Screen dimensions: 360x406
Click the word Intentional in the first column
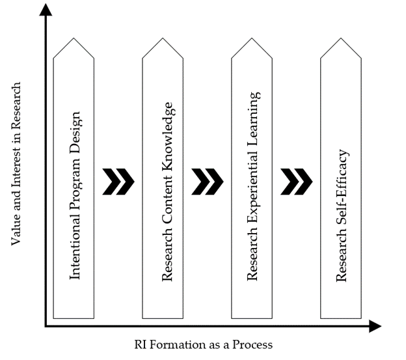pos(74,251)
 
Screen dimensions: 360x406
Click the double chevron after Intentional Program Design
pos(118,182)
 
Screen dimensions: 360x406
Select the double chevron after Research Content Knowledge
pos(208,182)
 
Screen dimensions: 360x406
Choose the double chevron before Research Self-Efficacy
pos(297,182)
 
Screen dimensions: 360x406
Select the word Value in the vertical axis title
pos(17,230)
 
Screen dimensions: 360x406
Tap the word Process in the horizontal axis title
pos(252,344)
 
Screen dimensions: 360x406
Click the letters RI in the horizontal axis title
pos(141,344)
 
